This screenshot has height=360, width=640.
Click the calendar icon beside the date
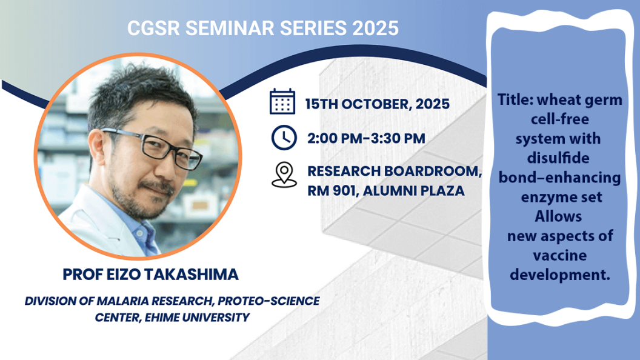tap(282, 101)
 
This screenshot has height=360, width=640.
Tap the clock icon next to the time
tap(284, 138)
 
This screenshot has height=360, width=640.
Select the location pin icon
tap(284, 175)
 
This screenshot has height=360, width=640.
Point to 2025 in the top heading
tap(375, 28)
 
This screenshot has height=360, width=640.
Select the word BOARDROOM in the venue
tap(433, 171)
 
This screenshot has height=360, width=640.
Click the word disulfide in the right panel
tap(558, 158)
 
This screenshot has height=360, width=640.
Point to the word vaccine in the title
tap(559, 256)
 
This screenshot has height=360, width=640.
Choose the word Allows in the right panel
tap(558, 216)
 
